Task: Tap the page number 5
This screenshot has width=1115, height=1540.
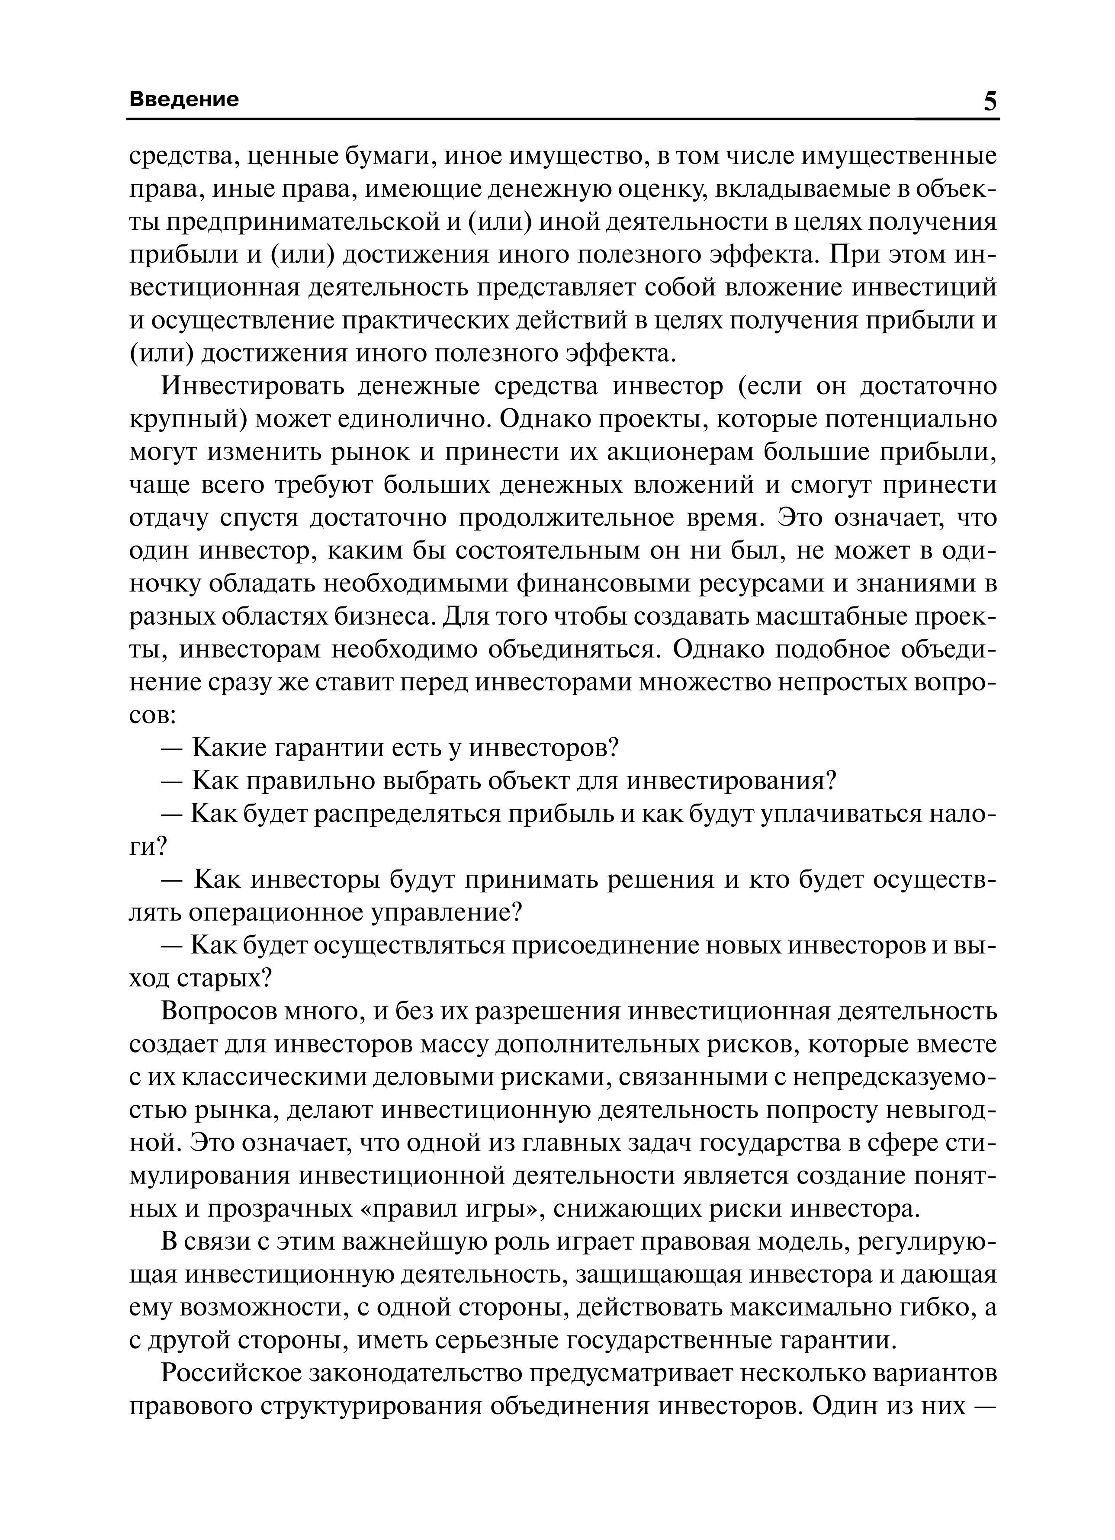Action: pyautogui.click(x=990, y=102)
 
